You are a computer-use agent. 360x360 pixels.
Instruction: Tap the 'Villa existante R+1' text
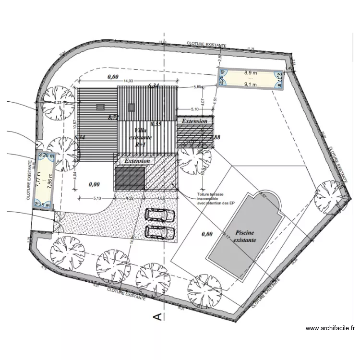point(142,137)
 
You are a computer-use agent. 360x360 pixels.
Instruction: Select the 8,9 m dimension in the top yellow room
point(251,73)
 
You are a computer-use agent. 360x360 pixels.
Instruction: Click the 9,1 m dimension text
point(251,85)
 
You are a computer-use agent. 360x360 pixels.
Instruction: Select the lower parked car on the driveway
point(160,232)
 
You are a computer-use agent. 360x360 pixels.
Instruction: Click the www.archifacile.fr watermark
point(330,329)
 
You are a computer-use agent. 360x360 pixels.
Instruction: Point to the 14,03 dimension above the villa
point(128,81)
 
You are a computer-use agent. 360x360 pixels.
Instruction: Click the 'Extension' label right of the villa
point(194,121)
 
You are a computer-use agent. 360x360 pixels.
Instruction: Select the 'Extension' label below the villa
point(137,161)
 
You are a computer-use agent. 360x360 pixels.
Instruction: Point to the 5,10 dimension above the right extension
point(195,109)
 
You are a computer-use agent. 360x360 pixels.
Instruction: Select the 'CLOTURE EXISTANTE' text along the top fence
point(206,44)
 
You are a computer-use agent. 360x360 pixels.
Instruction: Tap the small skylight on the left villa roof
point(100,108)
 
